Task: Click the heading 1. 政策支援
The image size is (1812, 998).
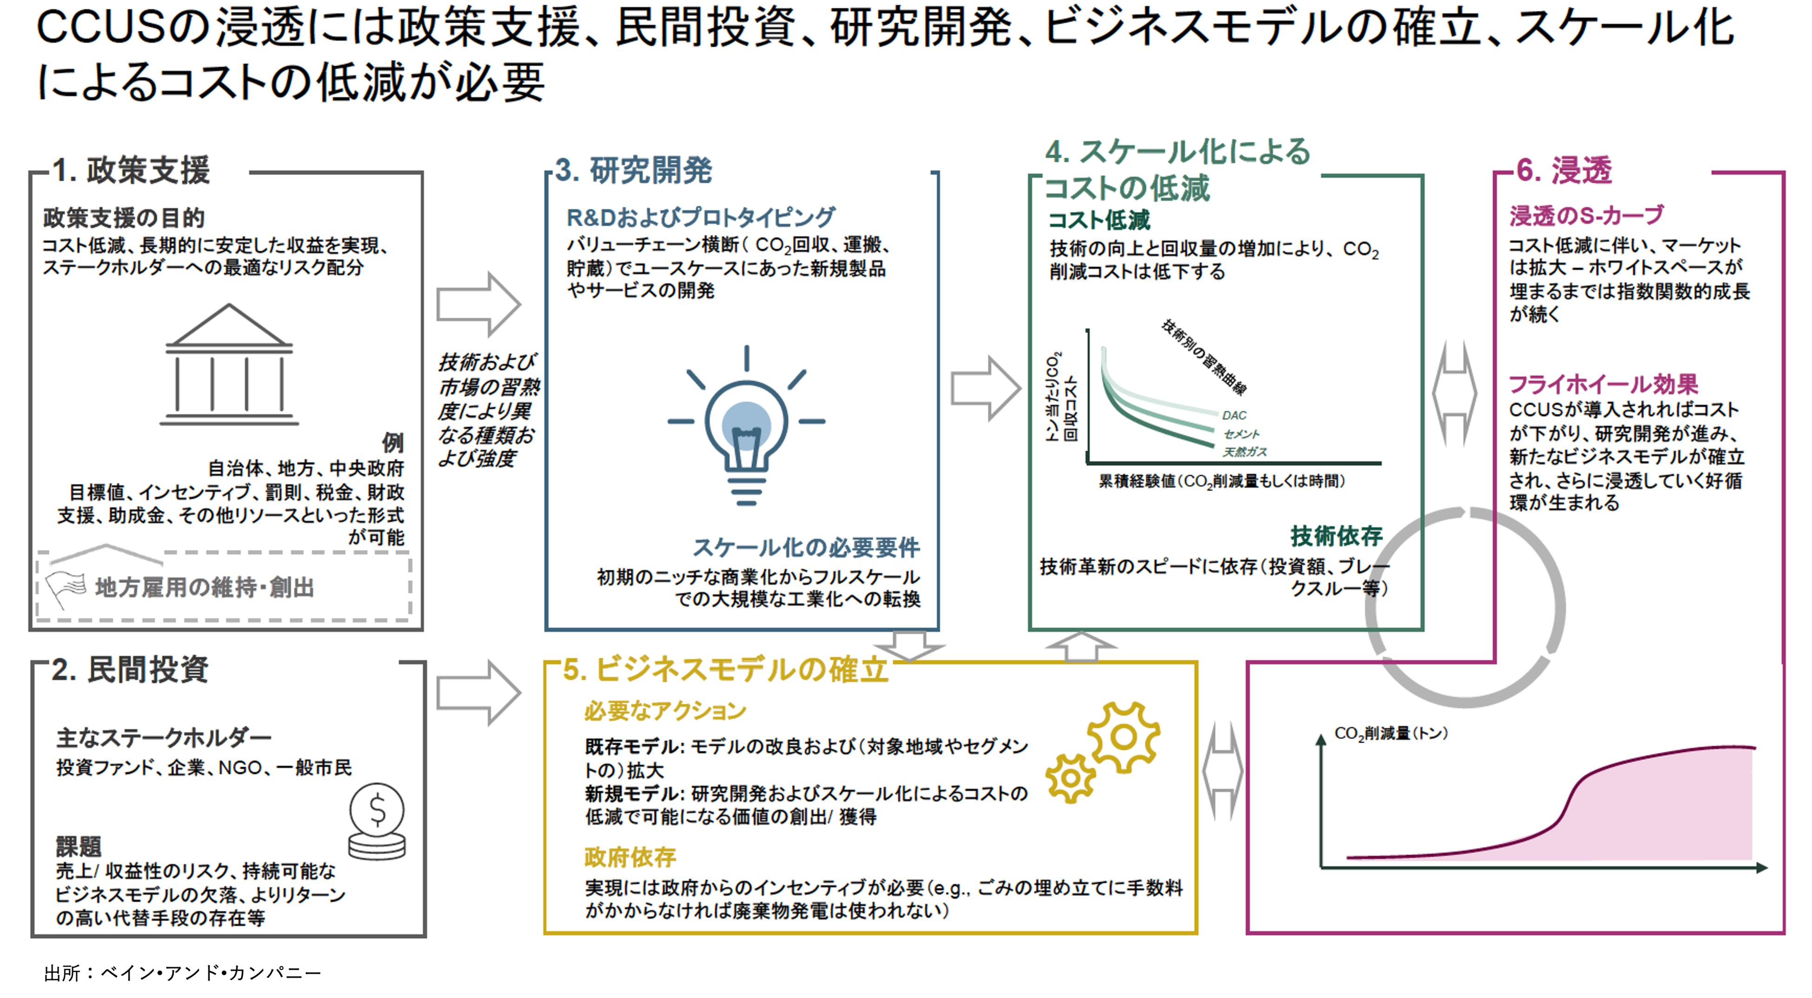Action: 131,171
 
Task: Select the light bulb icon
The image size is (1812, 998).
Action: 746,425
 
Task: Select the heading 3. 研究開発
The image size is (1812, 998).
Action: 633,171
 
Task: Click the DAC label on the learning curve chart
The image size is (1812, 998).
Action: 1234,416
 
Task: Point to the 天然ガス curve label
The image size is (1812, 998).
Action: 1244,451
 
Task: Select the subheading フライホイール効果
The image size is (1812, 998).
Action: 1603,384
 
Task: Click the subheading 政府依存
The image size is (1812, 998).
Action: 630,857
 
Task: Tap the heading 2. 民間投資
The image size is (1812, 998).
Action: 130,670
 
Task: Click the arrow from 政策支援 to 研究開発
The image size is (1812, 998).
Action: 479,305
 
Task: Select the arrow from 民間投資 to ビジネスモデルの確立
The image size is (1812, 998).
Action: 479,693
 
